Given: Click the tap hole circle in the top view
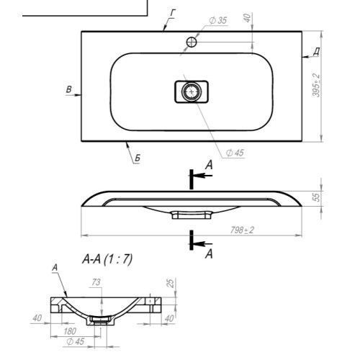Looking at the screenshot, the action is (x=192, y=42).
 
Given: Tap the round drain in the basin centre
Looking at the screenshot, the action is (x=192, y=91).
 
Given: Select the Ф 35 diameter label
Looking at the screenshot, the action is (x=218, y=21).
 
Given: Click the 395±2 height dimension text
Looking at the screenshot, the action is (x=316, y=85).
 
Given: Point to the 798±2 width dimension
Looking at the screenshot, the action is (x=242, y=230).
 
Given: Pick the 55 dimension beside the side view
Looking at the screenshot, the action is (x=317, y=197).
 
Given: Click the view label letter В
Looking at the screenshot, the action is (x=68, y=89).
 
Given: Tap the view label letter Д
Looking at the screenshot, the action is (x=317, y=51).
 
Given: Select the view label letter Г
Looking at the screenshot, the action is (x=173, y=13).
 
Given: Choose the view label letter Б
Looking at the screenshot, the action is (x=138, y=158).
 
